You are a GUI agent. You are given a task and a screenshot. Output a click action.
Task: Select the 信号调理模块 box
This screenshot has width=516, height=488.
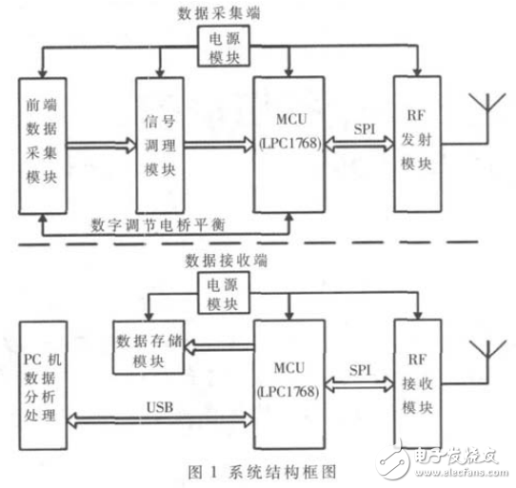click(x=159, y=145)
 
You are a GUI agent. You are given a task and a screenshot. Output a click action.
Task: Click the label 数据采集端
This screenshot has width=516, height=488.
click(x=224, y=12)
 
